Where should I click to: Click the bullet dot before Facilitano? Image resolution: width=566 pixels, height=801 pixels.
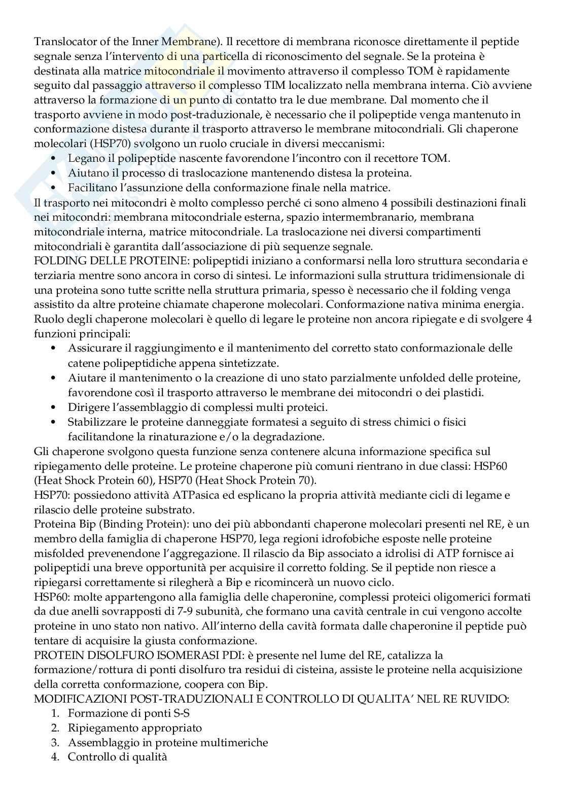55,188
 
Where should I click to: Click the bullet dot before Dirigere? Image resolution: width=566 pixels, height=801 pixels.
55,407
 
